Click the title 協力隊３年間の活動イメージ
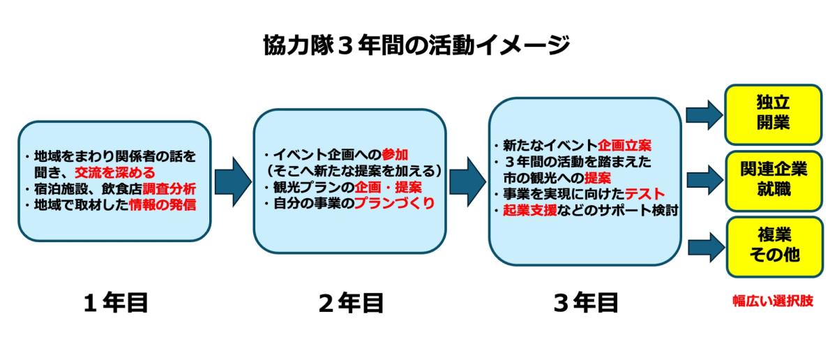click(x=416, y=45)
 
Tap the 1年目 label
click(x=116, y=302)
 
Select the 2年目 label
click(x=352, y=303)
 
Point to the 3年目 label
click(x=586, y=303)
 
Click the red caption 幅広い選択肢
click(x=773, y=301)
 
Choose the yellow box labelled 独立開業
click(x=773, y=114)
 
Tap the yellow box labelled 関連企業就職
click(x=774, y=181)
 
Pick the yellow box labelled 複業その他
click(x=775, y=247)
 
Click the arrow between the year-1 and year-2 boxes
click(x=233, y=181)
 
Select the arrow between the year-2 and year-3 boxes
click(x=468, y=181)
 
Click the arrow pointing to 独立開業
click(x=704, y=114)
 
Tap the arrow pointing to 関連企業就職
click(x=705, y=180)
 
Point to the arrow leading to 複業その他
click(x=706, y=247)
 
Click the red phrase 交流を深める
click(x=114, y=173)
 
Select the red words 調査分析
click(x=169, y=189)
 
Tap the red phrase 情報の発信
click(x=163, y=205)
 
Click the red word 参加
click(x=395, y=154)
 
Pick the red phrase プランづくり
click(x=395, y=203)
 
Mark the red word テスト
click(x=645, y=194)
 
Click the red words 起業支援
click(x=529, y=211)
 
